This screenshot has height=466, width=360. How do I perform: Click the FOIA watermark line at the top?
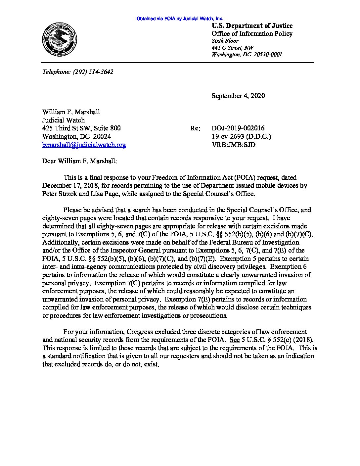pyautogui.click(x=180, y=19)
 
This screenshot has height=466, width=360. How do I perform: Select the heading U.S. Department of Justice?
pyautogui.click(x=252, y=26)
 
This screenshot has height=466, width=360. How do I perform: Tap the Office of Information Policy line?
pyautogui.click(x=252, y=33)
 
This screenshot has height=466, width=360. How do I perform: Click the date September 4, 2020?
pyautogui.click(x=238, y=96)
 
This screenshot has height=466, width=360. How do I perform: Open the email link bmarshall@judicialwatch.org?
pyautogui.click(x=84, y=145)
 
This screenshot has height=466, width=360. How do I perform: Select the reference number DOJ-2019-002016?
pyautogui.click(x=238, y=128)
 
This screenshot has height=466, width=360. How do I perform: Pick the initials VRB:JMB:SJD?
pyautogui.click(x=234, y=145)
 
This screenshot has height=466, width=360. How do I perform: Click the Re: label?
pyautogui.click(x=195, y=128)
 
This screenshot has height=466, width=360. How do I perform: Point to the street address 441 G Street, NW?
pyautogui.click(x=233, y=48)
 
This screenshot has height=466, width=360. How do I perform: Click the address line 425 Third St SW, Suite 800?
pyautogui.click(x=81, y=128)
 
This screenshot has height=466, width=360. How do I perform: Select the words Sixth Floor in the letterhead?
pyautogui.click(x=225, y=41)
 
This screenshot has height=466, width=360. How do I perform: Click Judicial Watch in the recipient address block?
pyautogui.click(x=64, y=120)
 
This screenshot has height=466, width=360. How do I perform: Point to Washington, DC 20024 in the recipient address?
pyautogui.click(x=76, y=136)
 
